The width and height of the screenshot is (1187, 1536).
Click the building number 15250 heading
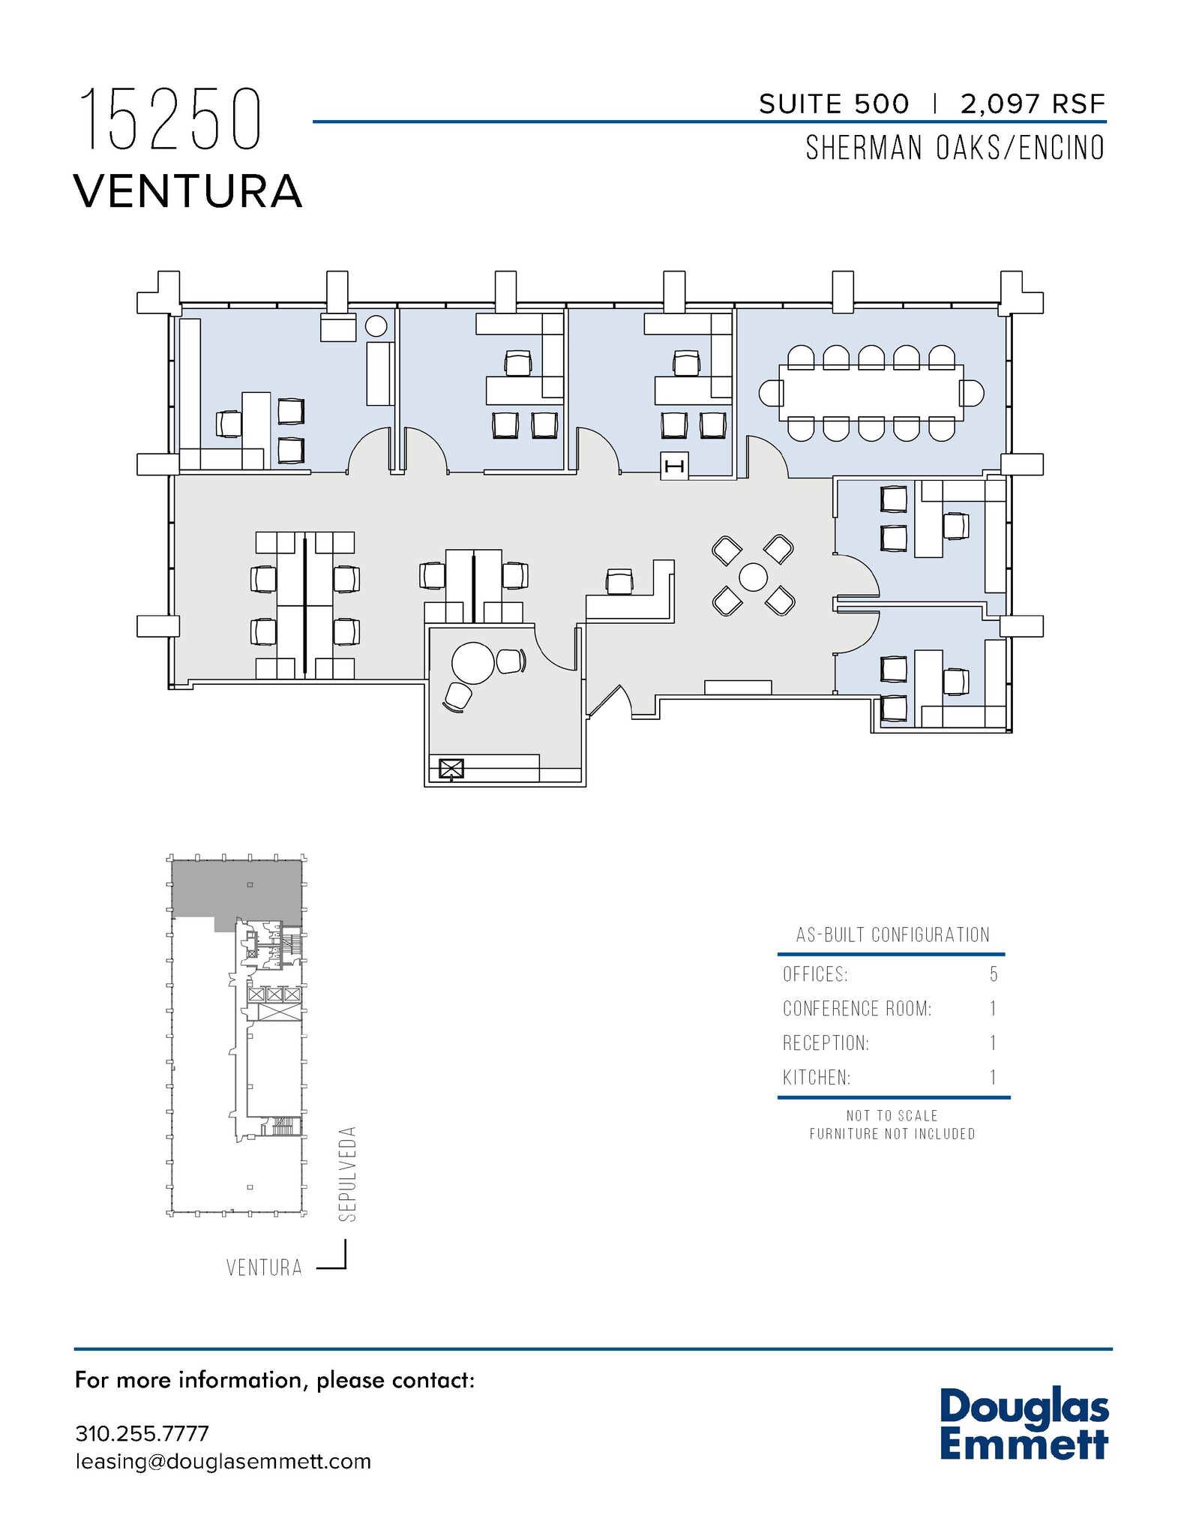point(170,120)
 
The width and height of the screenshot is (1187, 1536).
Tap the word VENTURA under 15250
point(188,191)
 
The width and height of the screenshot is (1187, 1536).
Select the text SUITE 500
point(834,104)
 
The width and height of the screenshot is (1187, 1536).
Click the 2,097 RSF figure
point(1033,104)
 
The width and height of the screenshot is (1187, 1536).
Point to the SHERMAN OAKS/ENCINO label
point(955,148)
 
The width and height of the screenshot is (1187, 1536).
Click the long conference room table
point(871,393)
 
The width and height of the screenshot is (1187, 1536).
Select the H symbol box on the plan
point(674,466)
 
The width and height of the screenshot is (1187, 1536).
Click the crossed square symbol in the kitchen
point(451,769)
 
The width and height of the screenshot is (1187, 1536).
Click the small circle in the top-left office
point(376,325)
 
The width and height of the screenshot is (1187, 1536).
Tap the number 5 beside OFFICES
point(994,974)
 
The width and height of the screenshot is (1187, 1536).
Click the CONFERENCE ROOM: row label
point(857,1009)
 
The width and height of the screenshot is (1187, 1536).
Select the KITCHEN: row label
point(817,1078)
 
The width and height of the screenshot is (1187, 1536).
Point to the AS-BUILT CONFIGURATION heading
point(892,934)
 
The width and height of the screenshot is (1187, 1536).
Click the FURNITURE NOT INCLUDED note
point(892,1134)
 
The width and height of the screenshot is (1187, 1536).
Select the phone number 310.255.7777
point(142,1433)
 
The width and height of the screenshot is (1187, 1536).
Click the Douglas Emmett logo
point(1024,1425)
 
